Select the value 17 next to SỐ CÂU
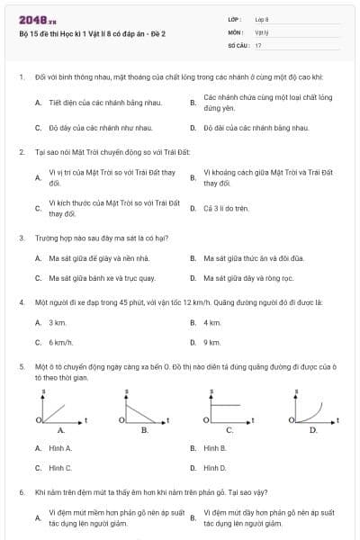258,44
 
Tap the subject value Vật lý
262,31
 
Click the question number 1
21,77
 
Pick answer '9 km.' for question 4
212,342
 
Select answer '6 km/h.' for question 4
60,342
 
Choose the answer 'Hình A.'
60,447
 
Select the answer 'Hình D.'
215,468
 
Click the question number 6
21,493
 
